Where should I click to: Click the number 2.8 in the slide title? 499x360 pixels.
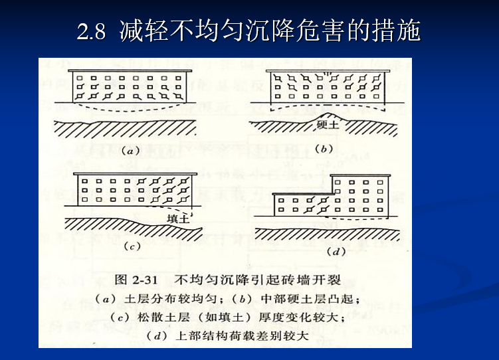pyautogui.click(x=92, y=31)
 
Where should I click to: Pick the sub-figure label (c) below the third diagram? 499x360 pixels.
pyautogui.click(x=132, y=246)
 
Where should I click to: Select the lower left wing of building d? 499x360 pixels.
pyautogui.click(x=303, y=205)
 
